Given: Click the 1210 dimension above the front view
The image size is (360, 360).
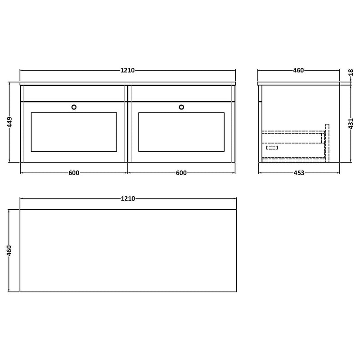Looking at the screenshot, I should click(x=128, y=70).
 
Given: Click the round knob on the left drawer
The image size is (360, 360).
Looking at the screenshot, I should click(x=74, y=107).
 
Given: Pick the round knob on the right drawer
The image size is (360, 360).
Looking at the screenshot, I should click(x=182, y=107).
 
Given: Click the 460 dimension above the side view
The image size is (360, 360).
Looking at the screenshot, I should click(x=299, y=70).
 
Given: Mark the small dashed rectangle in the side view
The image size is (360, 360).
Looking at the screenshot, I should click(x=272, y=148).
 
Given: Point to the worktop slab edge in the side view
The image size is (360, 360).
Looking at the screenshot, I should click(x=298, y=84).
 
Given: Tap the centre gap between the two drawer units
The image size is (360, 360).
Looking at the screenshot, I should click(x=128, y=124).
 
